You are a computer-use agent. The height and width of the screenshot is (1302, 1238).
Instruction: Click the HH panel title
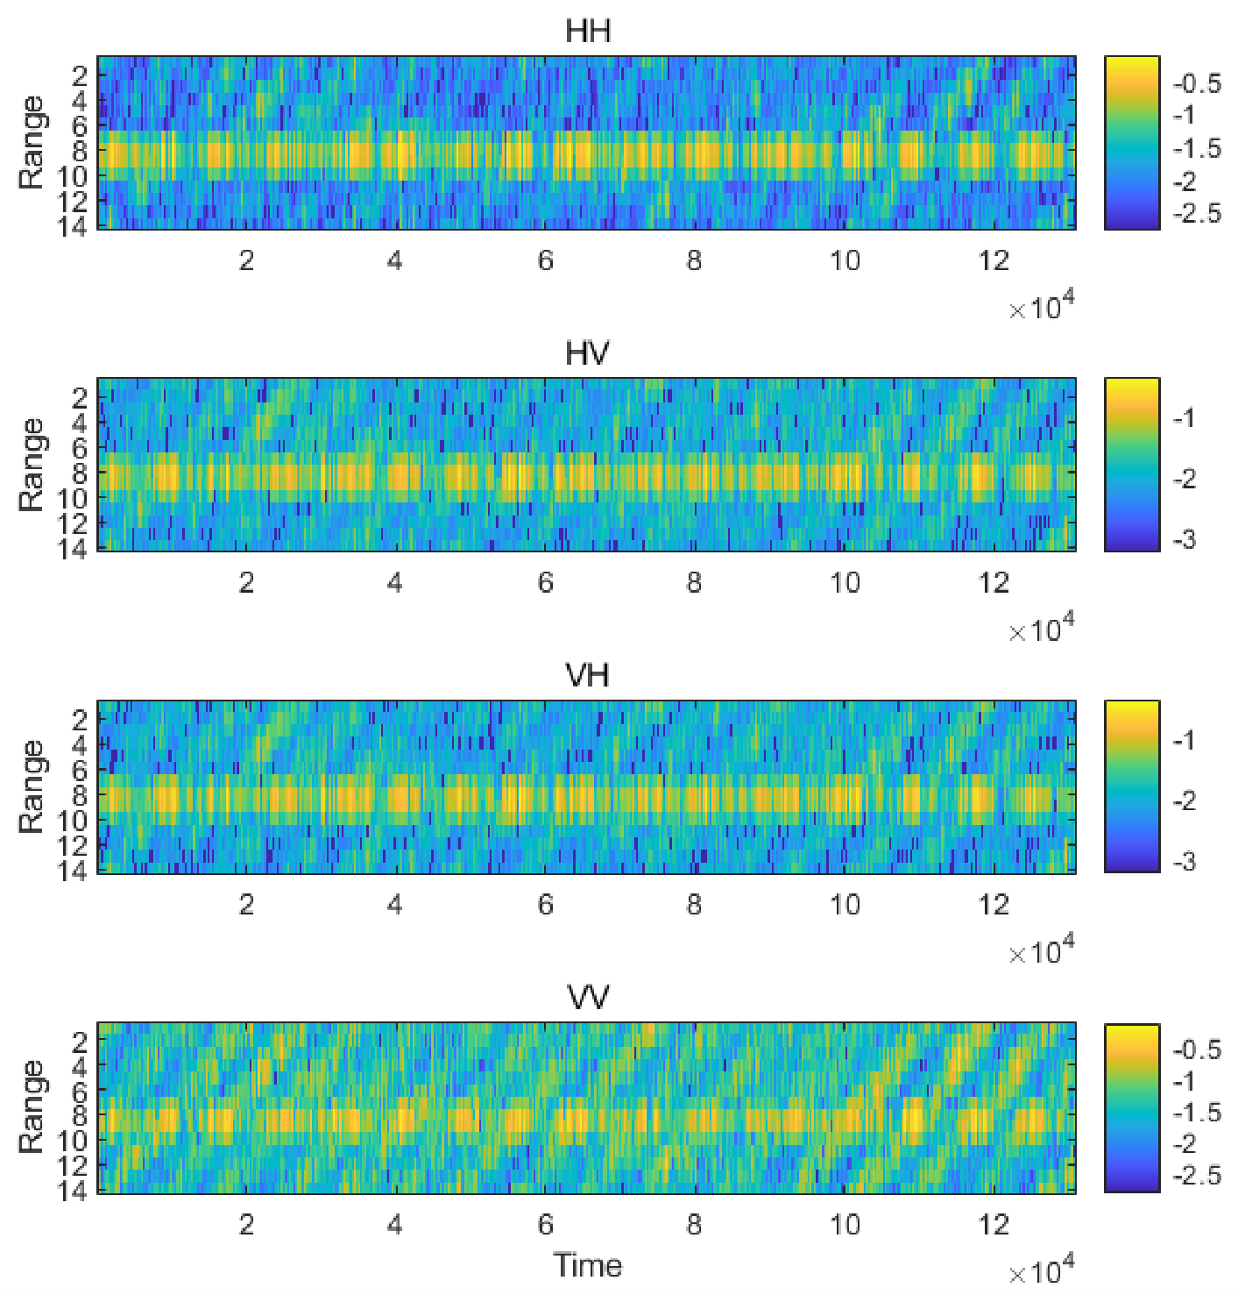coord(587,32)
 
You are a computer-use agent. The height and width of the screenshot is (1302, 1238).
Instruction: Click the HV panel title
coord(587,353)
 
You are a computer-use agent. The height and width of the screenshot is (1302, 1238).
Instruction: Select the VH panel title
coord(587,675)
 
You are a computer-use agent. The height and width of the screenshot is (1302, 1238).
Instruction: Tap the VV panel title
coord(587,997)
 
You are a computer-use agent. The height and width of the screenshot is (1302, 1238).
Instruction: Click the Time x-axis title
coord(587,1265)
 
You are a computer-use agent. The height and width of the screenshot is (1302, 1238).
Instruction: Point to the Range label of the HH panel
coord(32,143)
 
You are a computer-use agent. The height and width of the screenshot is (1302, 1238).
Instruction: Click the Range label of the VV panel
coord(32,1107)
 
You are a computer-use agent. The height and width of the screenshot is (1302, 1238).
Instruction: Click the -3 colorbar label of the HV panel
coord(1185,540)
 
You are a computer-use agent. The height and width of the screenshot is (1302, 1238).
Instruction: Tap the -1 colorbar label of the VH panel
coord(1185,740)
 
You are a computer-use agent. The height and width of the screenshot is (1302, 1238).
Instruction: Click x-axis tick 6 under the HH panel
coord(545,261)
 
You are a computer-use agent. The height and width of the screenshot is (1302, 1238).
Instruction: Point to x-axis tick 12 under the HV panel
coord(993,583)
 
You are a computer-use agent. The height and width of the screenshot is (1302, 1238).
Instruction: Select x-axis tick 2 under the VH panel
coord(246,905)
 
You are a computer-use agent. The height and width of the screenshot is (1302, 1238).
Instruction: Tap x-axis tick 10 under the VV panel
coord(845,1225)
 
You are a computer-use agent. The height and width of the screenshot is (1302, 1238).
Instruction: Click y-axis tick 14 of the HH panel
coord(72,226)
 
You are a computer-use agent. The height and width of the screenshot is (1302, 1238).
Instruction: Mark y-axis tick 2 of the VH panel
coord(80,720)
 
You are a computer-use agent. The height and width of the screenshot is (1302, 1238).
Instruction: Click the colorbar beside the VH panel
coord(1132,786)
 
